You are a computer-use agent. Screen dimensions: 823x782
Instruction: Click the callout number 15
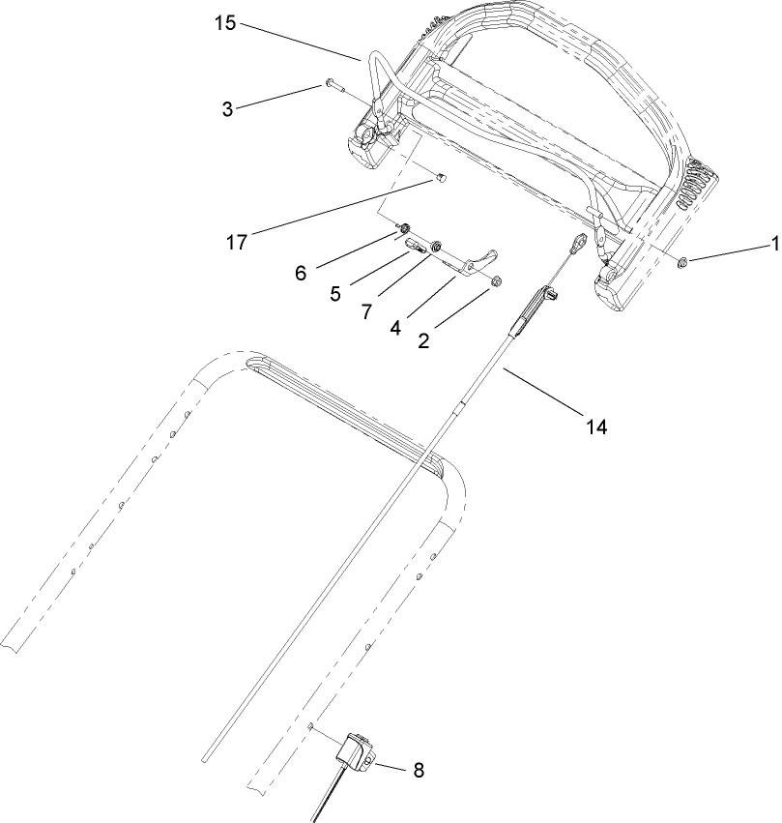[224, 23]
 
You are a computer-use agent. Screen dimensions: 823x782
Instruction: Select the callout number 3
[227, 109]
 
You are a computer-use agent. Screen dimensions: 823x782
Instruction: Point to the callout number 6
[301, 274]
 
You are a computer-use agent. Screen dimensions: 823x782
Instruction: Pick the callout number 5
[334, 293]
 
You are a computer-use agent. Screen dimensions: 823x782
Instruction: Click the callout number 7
[367, 311]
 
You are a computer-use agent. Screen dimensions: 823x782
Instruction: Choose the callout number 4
[395, 327]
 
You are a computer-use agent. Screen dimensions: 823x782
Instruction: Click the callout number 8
[418, 771]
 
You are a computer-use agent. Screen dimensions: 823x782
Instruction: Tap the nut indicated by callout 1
[683, 261]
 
